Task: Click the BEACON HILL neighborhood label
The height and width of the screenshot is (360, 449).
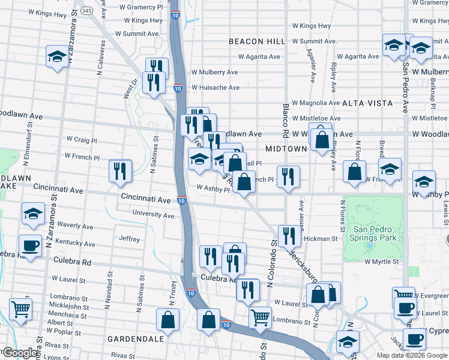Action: coord(256,41)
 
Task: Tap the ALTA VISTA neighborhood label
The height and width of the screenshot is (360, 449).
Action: coord(367,103)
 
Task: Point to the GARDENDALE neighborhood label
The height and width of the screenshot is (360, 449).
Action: coord(136,339)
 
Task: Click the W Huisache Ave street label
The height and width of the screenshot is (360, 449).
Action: coord(215,88)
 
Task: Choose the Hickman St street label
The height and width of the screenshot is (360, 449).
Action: coord(321,239)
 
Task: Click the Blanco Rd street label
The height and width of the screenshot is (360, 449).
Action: coord(286,119)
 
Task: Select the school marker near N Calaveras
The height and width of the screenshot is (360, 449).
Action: coord(57,56)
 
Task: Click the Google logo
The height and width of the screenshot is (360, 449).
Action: coord(21,353)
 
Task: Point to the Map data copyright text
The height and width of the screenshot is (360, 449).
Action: coord(411,355)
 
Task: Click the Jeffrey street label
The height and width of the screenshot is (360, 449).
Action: coord(129,239)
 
